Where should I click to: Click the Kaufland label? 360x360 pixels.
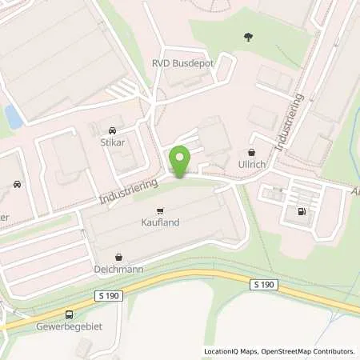pyautogui.click(x=160, y=223)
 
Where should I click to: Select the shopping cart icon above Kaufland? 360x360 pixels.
pyautogui.click(x=160, y=210)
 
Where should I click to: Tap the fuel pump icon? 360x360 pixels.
pyautogui.click(x=302, y=212)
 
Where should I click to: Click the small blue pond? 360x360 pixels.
pyautogui.click(x=12, y=117)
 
